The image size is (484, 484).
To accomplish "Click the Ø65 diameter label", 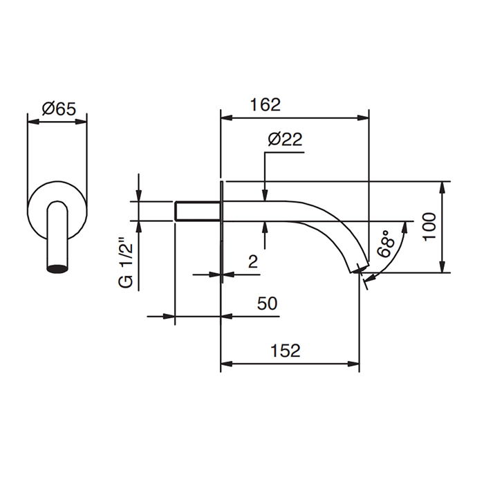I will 58,108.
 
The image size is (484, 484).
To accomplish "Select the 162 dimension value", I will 266,104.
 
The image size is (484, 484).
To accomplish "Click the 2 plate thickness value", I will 252,261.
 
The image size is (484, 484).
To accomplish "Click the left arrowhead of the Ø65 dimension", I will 31,122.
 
